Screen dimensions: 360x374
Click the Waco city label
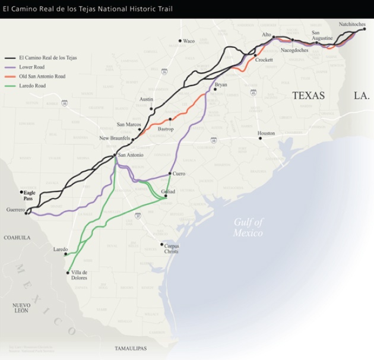189,41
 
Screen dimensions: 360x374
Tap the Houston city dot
259,138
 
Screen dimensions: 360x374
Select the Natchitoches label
352,24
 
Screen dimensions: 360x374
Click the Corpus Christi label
172,248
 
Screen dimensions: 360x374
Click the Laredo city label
61,249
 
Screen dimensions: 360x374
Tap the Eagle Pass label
28,195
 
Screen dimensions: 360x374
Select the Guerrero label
15,210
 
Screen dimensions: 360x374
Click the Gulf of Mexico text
248,227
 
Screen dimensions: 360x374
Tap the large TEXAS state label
308,95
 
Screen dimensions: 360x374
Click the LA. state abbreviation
362,95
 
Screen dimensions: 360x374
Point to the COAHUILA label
17,238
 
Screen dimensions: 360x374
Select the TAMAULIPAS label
131,348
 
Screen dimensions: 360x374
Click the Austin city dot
152,109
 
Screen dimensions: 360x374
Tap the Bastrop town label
166,128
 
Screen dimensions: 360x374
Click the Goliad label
168,191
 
